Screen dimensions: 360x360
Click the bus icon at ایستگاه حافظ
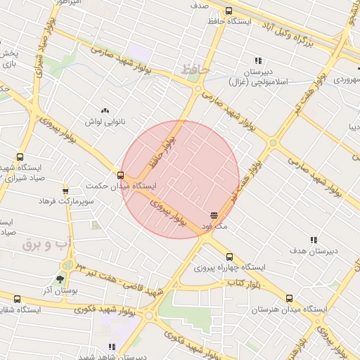(x=229, y=11)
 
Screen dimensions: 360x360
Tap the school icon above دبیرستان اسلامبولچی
(x=258, y=61)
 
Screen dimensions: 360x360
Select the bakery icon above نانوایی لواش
(x=105, y=110)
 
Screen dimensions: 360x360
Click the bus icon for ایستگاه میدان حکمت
(x=120, y=175)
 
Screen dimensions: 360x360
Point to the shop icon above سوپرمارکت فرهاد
(x=65, y=190)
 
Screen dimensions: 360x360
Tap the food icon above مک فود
(x=214, y=215)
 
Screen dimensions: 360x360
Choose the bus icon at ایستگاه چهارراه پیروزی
(x=229, y=257)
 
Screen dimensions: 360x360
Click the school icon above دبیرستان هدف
(x=314, y=240)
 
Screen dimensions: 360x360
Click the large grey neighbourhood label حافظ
(x=191, y=70)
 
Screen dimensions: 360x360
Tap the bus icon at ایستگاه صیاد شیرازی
(x=19, y=157)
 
